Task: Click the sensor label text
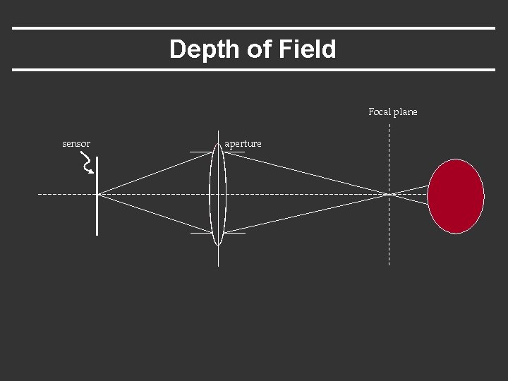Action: click(x=76, y=144)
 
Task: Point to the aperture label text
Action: click(x=243, y=144)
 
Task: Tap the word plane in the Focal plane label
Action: click(x=406, y=112)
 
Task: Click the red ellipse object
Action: click(x=456, y=196)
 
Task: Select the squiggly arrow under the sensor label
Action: click(x=87, y=164)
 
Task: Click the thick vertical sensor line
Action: click(x=97, y=212)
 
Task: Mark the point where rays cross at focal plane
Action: click(x=389, y=193)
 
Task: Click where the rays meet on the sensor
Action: click(x=97, y=193)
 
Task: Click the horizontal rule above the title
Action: click(x=254, y=28)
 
